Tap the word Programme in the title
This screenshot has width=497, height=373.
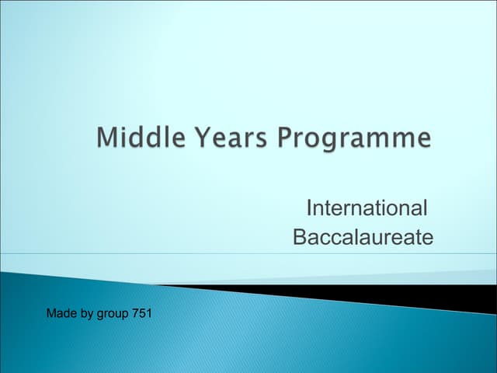tap(354, 140)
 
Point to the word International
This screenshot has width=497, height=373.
tap(367, 208)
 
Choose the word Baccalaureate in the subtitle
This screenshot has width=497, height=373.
tap(363, 237)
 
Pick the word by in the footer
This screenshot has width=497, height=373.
tap(87, 315)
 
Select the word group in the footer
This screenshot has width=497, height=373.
tap(113, 315)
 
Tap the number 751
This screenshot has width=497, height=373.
tap(142, 314)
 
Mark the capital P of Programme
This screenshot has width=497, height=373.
tap(285, 138)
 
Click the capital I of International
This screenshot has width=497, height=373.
tap(310, 208)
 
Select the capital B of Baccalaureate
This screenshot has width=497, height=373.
tap(300, 237)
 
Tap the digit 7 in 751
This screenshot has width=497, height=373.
tap(136, 314)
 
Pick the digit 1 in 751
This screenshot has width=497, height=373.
tap(148, 314)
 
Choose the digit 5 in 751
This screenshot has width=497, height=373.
tap(142, 314)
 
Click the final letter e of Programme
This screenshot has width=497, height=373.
tap(423, 140)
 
